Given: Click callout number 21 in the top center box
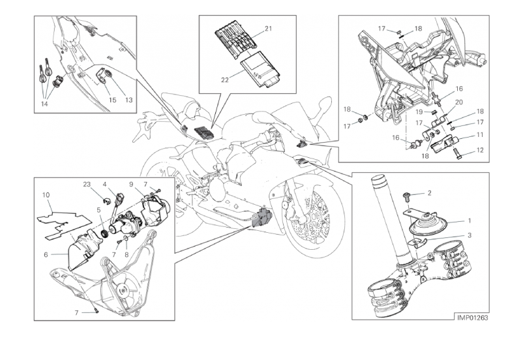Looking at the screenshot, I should (268, 29).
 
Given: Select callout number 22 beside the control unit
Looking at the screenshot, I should (224, 80).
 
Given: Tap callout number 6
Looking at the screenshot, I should (46, 254).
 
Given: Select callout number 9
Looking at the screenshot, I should (130, 184).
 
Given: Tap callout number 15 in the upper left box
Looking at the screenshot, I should (112, 100).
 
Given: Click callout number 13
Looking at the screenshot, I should (128, 100).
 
